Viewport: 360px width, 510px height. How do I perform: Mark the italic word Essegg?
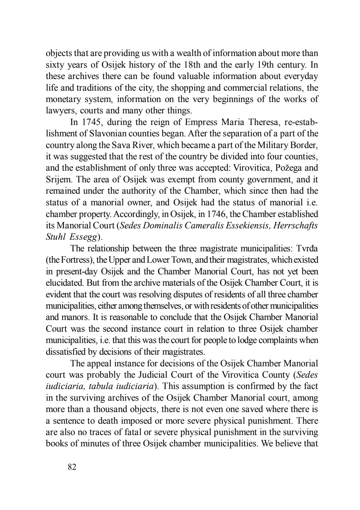pyautogui.click(x=84, y=237)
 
